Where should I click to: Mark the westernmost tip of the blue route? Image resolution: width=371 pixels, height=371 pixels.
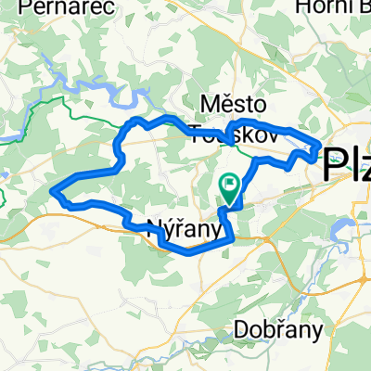click(x=55, y=193)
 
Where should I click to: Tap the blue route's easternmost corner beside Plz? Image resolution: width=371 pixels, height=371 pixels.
click(x=321, y=145)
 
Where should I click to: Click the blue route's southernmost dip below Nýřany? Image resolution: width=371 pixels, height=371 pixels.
click(x=172, y=249)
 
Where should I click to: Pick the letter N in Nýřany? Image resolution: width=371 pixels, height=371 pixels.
click(x=154, y=225)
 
